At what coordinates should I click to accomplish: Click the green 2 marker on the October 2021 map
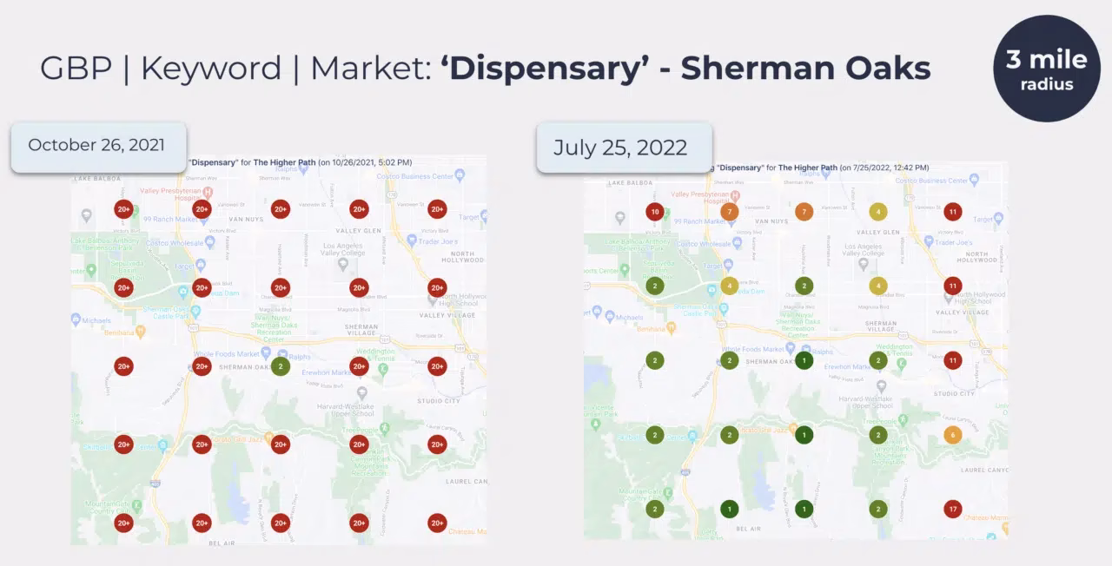point(280,366)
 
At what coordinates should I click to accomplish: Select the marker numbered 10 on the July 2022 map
point(655,212)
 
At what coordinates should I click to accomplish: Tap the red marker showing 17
point(953,509)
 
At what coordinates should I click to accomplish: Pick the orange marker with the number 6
point(953,435)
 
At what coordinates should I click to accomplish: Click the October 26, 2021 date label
point(96,145)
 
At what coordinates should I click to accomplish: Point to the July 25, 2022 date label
point(619,147)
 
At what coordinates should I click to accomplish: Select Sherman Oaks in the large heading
point(805,69)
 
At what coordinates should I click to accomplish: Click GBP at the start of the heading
point(76,69)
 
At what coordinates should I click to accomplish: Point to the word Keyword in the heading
point(211,69)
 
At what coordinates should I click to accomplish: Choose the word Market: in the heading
point(369,69)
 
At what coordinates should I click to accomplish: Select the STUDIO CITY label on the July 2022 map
point(953,393)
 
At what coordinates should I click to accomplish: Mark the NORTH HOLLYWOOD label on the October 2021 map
point(457,256)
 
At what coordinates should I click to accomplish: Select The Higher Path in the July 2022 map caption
point(807,168)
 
